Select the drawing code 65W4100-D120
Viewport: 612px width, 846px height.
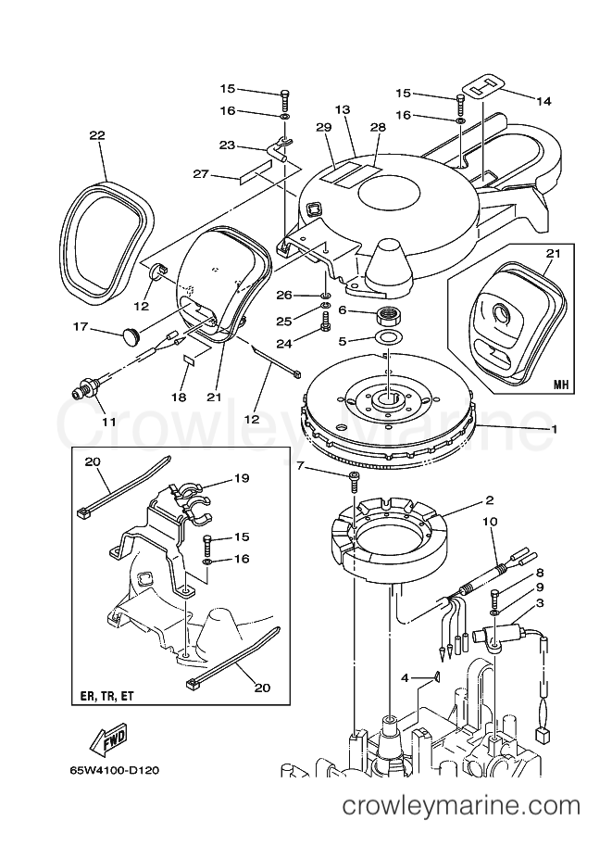click(114, 771)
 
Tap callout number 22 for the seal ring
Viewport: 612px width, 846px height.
click(97, 135)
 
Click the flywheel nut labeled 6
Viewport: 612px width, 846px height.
click(388, 316)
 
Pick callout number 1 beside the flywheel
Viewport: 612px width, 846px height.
click(555, 429)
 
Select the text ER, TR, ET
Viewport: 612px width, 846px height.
click(106, 697)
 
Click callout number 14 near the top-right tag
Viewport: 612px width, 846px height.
click(543, 101)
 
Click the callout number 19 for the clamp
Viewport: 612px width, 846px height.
click(242, 478)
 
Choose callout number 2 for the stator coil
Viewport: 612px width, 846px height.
click(489, 500)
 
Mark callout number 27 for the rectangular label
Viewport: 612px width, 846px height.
click(201, 173)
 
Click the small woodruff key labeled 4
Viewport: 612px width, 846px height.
click(437, 676)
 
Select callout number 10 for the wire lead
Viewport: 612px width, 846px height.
click(490, 522)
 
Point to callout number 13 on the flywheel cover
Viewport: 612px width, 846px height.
click(342, 109)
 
